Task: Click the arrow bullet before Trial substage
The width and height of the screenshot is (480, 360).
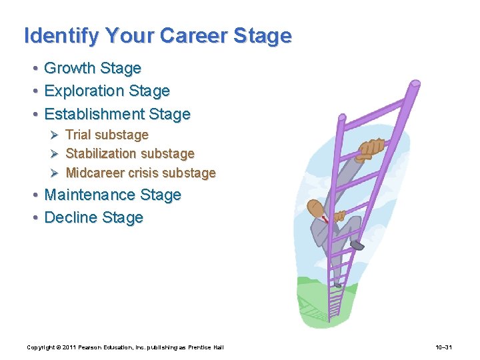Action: pos(55,135)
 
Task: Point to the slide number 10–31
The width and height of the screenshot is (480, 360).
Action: pos(444,347)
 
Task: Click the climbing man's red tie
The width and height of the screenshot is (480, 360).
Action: pos(325,219)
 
